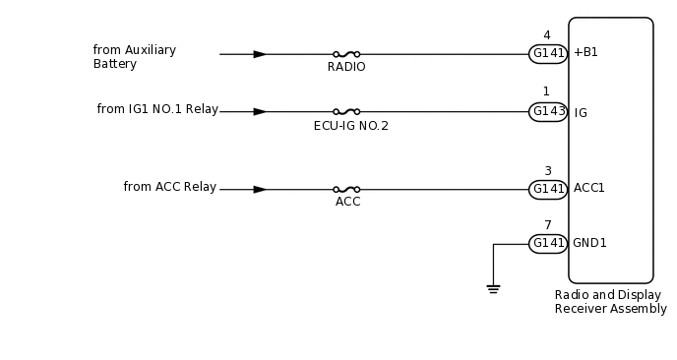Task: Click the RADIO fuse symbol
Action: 346,54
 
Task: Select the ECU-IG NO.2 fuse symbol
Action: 346,112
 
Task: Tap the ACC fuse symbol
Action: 346,189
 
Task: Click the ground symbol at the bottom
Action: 493,288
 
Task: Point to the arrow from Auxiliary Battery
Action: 260,54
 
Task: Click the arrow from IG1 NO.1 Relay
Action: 260,112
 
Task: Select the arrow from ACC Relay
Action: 260,189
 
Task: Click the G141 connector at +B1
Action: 548,54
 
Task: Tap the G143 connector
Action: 548,112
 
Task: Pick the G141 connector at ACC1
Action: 548,189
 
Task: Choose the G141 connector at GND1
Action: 548,243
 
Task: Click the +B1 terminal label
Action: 585,53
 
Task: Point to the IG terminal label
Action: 581,113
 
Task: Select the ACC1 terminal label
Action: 589,188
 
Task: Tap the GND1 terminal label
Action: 590,243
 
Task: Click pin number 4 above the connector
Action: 547,35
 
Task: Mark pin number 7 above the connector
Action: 547,225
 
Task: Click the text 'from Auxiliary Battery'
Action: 135,57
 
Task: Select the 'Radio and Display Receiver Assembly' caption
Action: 610,302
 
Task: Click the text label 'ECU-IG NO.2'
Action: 350,126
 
